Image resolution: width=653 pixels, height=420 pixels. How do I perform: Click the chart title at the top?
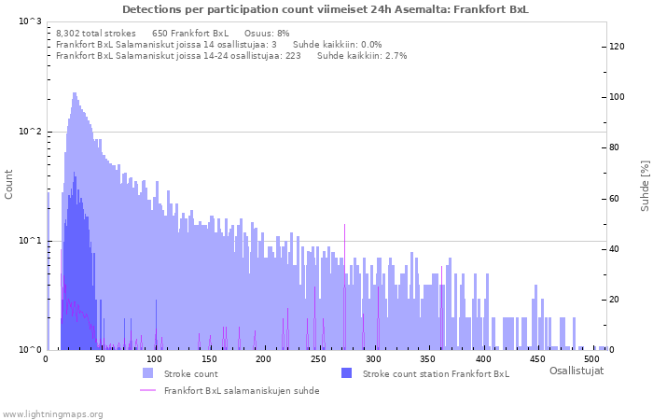click(x=325, y=9)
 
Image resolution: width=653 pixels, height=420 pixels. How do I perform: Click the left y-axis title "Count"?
click(x=9, y=184)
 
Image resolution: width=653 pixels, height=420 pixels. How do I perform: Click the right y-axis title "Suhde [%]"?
click(x=645, y=184)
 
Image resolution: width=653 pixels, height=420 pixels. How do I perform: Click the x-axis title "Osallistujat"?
click(x=576, y=371)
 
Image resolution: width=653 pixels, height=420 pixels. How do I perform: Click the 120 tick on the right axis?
click(x=617, y=47)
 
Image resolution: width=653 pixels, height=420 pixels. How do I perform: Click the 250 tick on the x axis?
click(x=320, y=358)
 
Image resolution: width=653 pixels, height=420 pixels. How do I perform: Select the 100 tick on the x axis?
click(x=156, y=358)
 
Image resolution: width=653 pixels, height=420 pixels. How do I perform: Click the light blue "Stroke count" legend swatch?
click(x=147, y=373)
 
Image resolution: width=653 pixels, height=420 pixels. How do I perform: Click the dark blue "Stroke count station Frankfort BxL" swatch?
click(x=346, y=373)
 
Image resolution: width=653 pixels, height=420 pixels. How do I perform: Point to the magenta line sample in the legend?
click(x=147, y=390)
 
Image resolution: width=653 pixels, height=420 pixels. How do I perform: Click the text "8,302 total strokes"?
click(x=96, y=33)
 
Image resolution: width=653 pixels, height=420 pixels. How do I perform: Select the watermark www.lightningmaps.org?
click(x=52, y=413)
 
